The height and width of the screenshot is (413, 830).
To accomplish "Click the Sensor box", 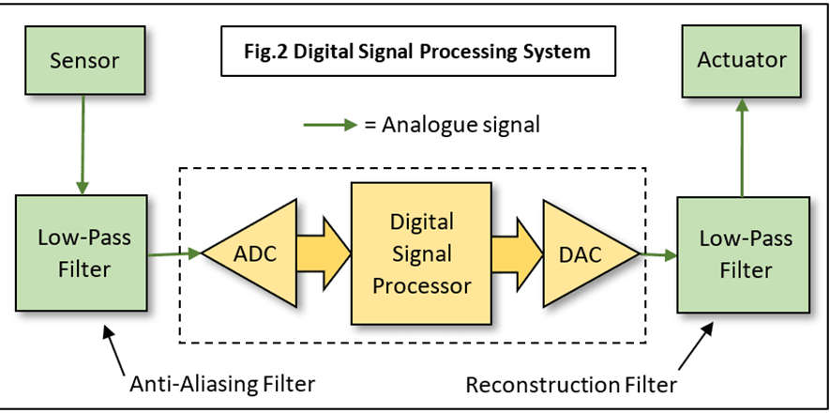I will [83, 61].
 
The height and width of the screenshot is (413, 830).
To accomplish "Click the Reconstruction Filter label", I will [571, 384].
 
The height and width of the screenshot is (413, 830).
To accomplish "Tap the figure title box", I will [418, 52].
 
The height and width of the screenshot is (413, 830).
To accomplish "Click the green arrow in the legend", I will [328, 124].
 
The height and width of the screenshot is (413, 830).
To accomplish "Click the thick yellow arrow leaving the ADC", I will [324, 252].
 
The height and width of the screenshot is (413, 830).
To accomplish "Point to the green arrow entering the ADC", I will [175, 253].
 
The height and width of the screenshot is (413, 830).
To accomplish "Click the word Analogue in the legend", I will [427, 124].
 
